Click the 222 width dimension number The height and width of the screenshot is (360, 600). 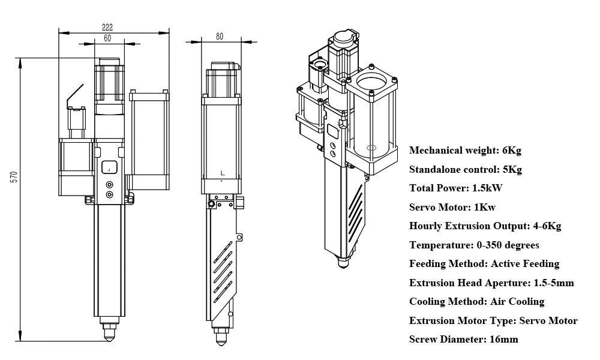[107, 27]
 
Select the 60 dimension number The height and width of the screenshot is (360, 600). [107, 38]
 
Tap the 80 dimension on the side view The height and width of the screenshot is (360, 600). [220, 36]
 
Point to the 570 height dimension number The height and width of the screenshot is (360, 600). [13, 177]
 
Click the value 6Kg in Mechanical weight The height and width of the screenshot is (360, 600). [512, 150]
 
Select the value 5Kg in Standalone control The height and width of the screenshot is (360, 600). [511, 169]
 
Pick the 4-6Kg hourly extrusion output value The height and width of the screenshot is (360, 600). [547, 226]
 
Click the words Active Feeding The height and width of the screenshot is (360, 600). [525, 264]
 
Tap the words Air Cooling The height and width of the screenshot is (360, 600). [517, 302]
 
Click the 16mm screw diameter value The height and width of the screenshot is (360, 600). [503, 340]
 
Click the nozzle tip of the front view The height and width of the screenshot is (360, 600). [109, 337]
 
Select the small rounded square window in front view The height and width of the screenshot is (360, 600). [109, 168]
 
